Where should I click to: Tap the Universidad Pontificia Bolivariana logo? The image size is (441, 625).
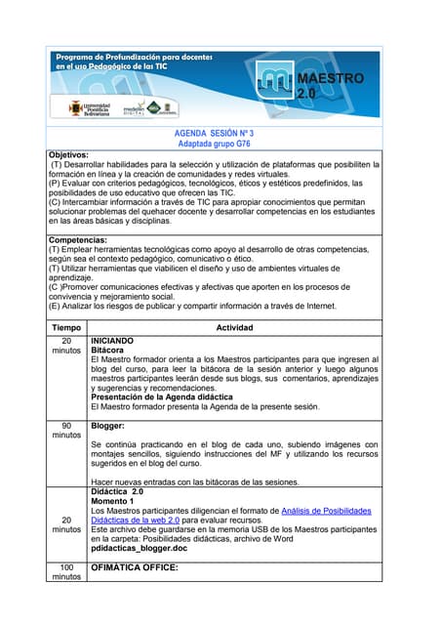[88, 107]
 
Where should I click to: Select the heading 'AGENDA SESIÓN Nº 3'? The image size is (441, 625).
[214, 132]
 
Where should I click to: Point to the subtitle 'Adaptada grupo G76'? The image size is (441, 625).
[214, 144]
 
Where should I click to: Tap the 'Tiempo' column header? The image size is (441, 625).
[66, 327]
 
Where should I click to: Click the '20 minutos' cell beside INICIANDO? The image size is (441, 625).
[66, 347]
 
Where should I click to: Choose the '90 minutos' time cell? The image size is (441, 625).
[66, 431]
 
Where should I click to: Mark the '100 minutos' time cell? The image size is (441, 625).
[66, 571]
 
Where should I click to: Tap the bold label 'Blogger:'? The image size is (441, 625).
[107, 426]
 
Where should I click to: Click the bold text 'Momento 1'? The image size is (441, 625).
[112, 501]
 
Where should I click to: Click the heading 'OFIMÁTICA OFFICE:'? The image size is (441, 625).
[134, 567]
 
